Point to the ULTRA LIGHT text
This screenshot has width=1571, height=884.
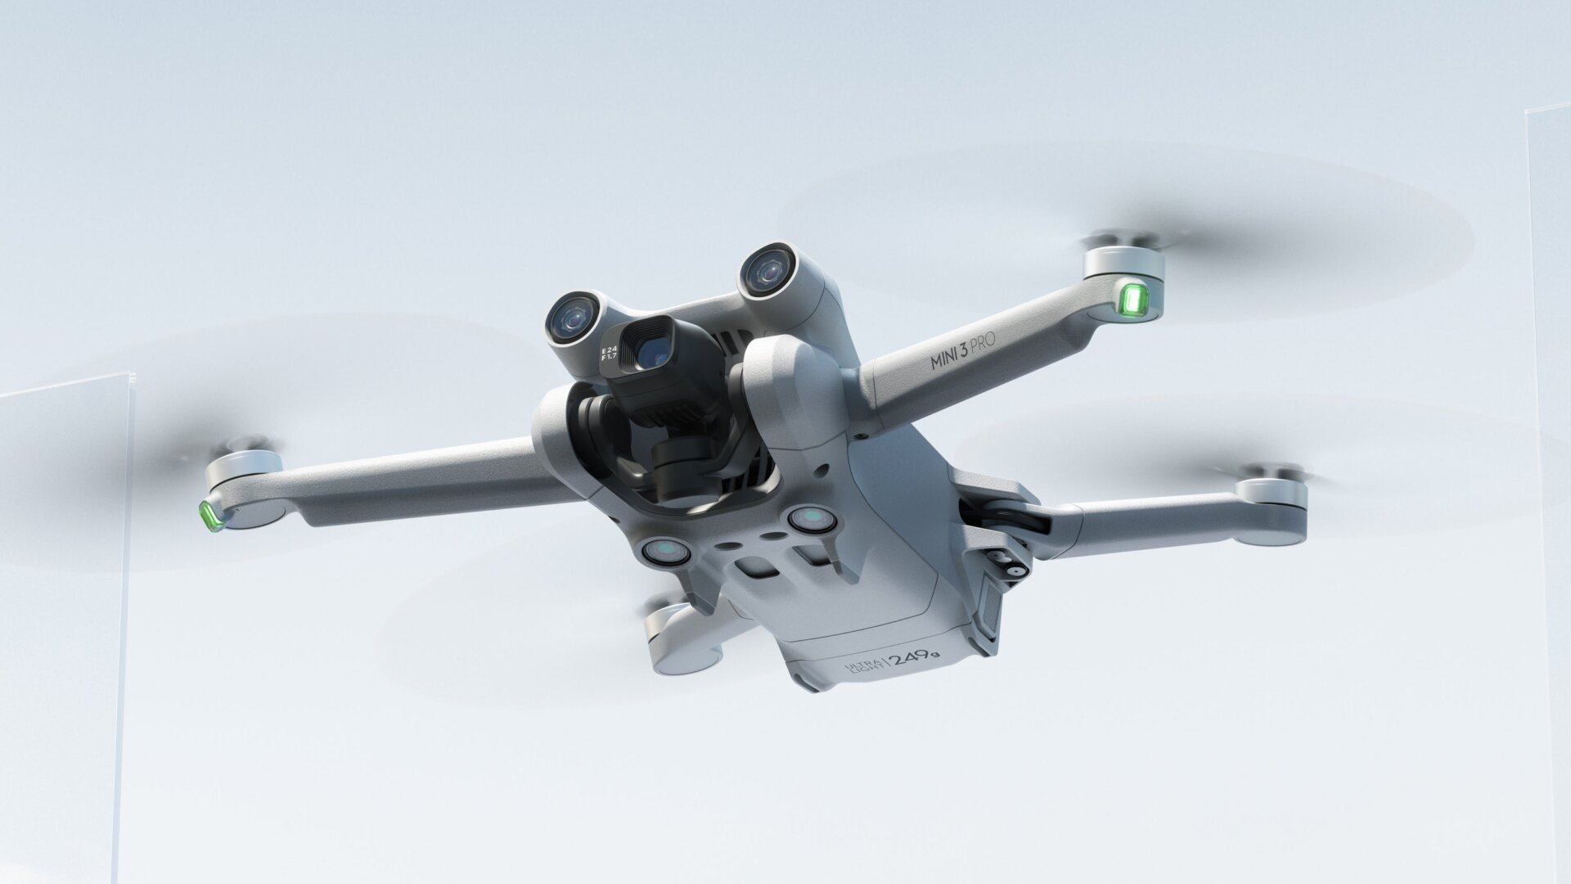(862, 667)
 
